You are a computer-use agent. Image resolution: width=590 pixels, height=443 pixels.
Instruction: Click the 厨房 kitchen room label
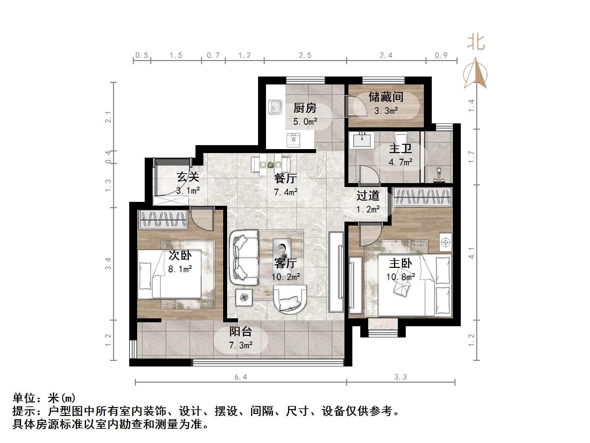305,108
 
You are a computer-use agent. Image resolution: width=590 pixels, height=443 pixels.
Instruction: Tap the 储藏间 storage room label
386,97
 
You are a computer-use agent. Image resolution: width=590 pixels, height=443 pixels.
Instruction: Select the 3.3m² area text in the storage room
386,111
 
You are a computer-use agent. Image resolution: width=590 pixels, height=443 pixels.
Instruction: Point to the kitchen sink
275,107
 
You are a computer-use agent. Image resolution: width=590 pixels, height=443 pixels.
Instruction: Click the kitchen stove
293,140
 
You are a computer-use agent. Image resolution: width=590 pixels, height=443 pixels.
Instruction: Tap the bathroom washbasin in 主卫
362,140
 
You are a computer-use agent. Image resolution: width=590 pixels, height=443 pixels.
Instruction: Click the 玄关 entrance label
188,177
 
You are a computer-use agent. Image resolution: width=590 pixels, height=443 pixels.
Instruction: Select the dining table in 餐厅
271,164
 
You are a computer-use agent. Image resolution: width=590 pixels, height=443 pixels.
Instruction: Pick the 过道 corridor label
368,196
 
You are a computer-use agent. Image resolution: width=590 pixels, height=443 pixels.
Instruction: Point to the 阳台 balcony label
241,331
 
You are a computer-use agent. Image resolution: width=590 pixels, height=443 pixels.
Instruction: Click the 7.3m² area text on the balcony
241,345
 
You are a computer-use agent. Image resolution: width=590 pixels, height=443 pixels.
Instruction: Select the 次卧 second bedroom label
180,255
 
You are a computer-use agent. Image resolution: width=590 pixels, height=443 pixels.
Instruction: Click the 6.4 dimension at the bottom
241,377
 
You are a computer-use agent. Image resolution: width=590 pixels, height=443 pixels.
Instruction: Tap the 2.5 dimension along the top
305,55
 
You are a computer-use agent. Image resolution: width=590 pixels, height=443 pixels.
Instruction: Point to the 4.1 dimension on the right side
472,253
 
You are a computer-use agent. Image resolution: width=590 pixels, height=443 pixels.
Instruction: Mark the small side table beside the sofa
244,298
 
